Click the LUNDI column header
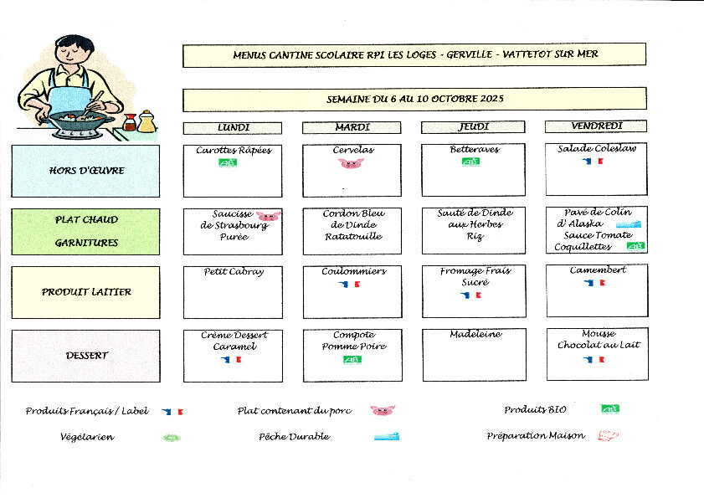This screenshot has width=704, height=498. point(233,127)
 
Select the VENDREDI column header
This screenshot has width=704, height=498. point(595,126)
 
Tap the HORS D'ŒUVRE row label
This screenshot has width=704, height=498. point(85,171)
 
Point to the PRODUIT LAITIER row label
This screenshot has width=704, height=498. point(85,292)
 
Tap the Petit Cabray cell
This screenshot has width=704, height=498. point(233,291)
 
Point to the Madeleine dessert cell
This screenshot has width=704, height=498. point(475,355)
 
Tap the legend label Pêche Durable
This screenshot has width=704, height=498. point(294,436)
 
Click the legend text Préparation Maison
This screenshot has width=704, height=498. point(536,436)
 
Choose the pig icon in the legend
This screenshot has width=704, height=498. point(382,411)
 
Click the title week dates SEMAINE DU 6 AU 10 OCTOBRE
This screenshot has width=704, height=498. point(414,99)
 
